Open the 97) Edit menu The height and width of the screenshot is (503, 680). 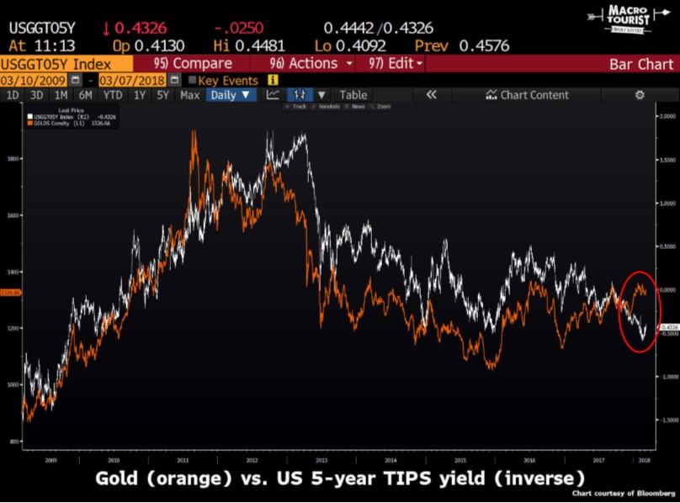391,63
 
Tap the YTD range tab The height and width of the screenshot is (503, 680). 112,95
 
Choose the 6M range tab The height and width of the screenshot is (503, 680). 85,95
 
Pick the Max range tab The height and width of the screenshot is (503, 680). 189,95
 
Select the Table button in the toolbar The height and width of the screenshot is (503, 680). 353,95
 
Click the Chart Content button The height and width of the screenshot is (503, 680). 527,95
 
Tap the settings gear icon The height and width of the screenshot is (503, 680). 640,95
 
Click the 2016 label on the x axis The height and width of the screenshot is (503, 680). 528,461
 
